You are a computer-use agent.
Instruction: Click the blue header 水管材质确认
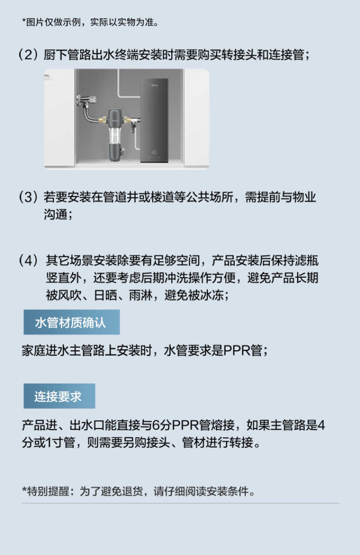click(71, 322)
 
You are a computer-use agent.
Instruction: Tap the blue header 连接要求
click(59, 396)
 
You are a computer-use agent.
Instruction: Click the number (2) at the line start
click(27, 56)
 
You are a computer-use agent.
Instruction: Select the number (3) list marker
click(28, 197)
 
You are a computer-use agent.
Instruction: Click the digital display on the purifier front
click(154, 148)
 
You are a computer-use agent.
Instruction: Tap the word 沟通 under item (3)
click(55, 215)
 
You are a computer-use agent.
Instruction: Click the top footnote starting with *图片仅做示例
click(91, 21)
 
